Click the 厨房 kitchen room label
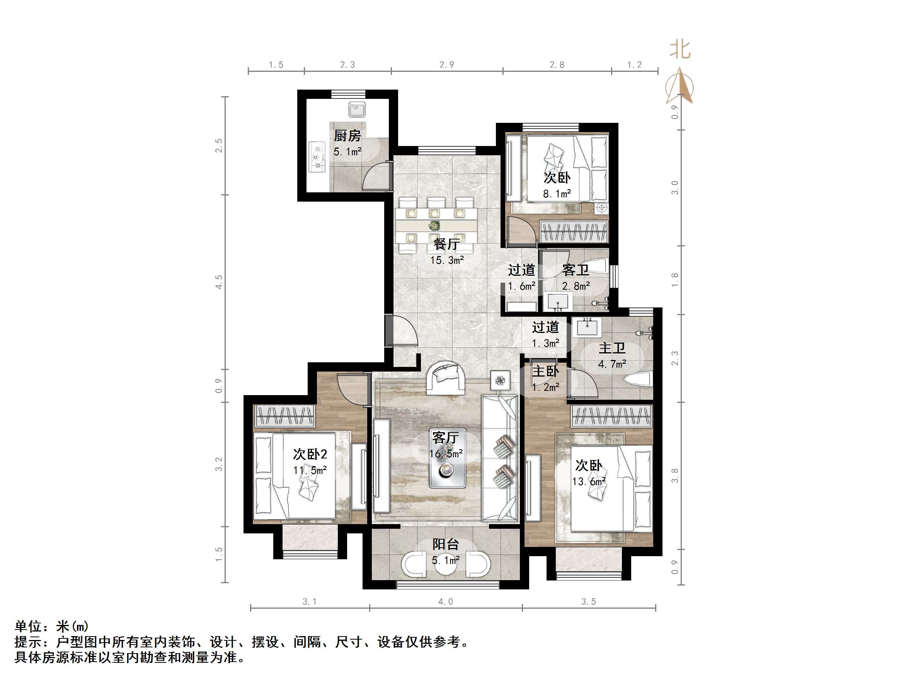(347, 136)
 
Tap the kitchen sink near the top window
(357, 110)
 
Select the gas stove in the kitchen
(317, 157)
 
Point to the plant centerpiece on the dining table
(434, 225)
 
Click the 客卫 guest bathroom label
(576, 270)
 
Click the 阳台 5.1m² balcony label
(446, 551)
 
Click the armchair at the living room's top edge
(446, 378)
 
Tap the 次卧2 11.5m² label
(310, 462)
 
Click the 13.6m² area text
(589, 482)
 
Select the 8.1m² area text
(557, 194)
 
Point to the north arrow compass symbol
(680, 87)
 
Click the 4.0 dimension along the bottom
(446, 602)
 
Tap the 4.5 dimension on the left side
(219, 282)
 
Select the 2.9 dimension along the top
(446, 65)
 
